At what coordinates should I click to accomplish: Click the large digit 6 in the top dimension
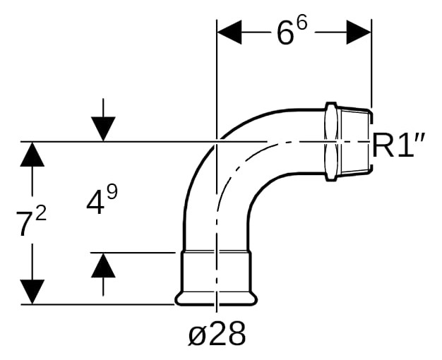pos(285,34)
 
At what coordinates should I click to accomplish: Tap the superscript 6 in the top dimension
pos(301,24)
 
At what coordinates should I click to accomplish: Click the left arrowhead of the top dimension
pos(229,32)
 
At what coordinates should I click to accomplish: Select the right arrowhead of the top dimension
pos(359,32)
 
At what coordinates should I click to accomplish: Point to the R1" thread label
pos(398,145)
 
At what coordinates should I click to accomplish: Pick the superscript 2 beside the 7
pos(41,215)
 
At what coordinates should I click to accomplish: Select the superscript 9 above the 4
pos(112,192)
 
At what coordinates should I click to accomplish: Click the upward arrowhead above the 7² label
pos(32,155)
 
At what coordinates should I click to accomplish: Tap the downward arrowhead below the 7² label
pos(32,292)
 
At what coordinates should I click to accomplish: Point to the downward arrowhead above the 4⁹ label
pos(103,129)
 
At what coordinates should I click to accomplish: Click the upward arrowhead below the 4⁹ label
pos(103,265)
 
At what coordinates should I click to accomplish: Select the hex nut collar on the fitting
pos(331,142)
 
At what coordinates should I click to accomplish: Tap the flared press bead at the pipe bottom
pos(216,299)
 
